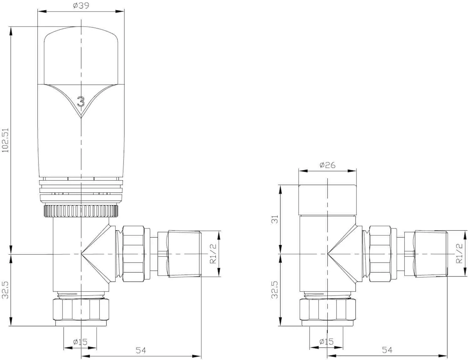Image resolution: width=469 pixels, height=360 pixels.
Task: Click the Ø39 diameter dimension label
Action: (81, 6)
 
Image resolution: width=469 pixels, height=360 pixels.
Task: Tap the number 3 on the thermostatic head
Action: (81, 102)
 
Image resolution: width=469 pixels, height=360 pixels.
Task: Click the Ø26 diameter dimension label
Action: (327, 165)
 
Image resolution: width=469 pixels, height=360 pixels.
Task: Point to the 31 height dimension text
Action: (275, 219)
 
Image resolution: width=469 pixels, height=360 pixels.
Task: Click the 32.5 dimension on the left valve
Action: (5, 290)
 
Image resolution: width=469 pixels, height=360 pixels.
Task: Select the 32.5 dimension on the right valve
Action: (275, 290)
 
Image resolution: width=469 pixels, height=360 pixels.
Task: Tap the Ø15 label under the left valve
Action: (80, 342)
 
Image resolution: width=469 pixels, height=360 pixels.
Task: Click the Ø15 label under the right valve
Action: (326, 342)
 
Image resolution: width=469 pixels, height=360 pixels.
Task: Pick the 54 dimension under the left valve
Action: (141, 350)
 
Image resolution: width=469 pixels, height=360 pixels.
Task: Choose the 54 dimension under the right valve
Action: (387, 350)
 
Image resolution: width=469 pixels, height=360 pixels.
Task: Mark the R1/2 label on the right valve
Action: (459, 253)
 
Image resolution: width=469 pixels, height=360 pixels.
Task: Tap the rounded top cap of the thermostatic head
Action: (81, 56)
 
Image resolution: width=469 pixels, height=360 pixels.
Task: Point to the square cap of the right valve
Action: (327, 200)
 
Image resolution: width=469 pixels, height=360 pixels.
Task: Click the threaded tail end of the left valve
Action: (184, 254)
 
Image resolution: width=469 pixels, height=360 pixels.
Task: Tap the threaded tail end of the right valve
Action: (431, 253)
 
